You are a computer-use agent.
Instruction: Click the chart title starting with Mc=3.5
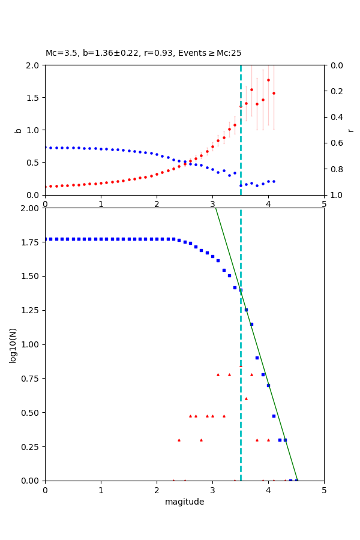143,53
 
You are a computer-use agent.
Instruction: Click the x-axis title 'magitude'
184,502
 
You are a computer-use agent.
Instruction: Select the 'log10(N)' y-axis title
13,344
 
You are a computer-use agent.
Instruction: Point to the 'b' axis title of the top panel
18,130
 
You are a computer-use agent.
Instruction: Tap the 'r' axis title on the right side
350,130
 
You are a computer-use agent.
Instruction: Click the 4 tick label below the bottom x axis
268,490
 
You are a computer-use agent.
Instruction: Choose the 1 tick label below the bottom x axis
101,490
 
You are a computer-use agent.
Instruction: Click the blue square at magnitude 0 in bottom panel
45,239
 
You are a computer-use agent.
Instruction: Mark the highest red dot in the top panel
268,80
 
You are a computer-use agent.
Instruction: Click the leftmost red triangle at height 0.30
179,440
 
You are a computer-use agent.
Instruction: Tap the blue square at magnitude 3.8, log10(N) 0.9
257,358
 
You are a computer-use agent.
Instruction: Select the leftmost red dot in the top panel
45,187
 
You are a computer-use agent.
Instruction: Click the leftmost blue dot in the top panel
45,147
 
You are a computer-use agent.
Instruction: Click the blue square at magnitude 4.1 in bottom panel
274,416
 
